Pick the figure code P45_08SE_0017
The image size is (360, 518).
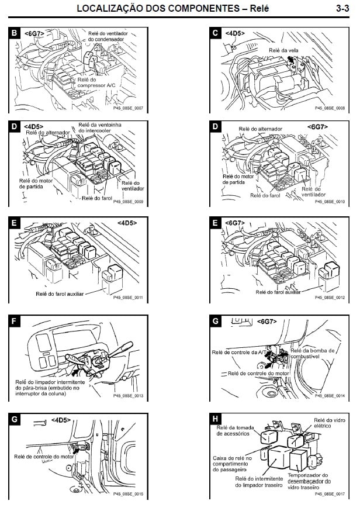pos(330,495)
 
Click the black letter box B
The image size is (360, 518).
pos(14,33)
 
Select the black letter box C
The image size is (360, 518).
pos(216,33)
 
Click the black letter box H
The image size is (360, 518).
pos(216,419)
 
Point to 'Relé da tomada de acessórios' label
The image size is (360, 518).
pos(233,430)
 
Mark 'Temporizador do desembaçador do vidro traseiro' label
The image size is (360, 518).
pos(309,481)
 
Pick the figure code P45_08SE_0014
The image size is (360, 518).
pos(330,396)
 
